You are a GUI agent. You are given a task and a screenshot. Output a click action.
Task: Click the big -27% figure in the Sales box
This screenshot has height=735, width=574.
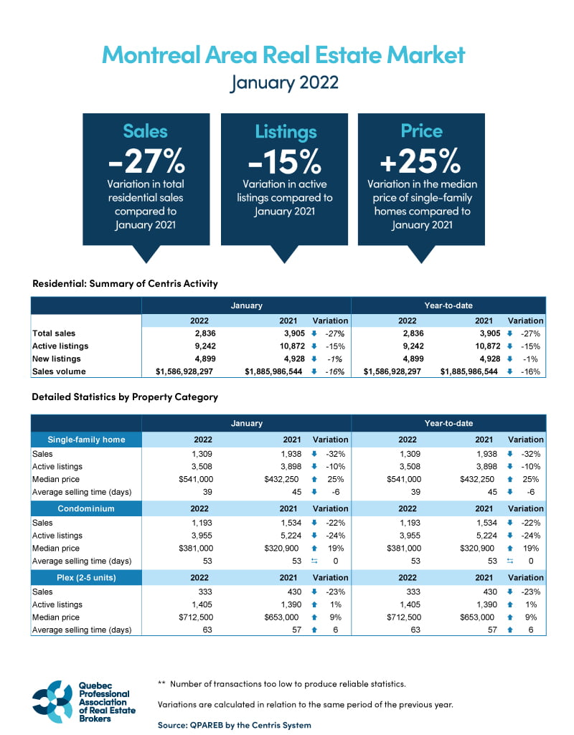click(145, 161)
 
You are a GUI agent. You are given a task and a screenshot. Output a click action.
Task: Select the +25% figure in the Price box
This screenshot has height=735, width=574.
click(421, 161)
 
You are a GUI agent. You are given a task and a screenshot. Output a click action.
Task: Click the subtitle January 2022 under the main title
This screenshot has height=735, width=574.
click(284, 82)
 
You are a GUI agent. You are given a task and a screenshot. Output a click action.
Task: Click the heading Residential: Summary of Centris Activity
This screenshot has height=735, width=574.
click(125, 283)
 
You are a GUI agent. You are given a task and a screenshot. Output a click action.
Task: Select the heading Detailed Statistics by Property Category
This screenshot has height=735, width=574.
click(125, 397)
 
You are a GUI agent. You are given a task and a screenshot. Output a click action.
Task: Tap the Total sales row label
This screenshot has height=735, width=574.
click(54, 333)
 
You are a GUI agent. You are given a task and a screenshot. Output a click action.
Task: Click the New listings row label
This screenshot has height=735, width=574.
click(57, 359)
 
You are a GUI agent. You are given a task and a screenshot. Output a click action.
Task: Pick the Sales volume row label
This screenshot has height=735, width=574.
click(59, 371)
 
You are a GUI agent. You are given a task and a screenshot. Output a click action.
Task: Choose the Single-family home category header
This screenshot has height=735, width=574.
click(86, 440)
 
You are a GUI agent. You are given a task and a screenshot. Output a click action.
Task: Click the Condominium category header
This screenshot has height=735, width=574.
click(86, 508)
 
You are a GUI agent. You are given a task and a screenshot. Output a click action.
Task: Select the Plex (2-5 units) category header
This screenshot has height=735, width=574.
click(86, 577)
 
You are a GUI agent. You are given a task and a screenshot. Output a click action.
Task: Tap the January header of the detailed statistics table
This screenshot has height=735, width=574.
click(246, 423)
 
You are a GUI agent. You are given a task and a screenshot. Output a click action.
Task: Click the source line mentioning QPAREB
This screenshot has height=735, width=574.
click(235, 725)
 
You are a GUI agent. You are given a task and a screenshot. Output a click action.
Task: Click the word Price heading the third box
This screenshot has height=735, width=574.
click(421, 131)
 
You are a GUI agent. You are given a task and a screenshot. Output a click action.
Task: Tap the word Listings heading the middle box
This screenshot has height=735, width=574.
click(285, 132)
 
